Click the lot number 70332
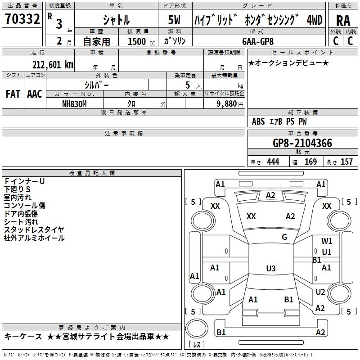(x=22, y=19)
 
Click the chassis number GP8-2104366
(x=302, y=143)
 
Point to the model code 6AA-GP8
(x=257, y=41)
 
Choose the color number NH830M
(x=75, y=103)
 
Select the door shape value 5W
(x=175, y=20)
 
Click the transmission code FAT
(x=13, y=94)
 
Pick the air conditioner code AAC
(x=34, y=94)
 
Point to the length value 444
(x=273, y=162)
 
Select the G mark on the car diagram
(x=284, y=237)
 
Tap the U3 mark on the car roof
(x=270, y=269)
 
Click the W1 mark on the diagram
(x=327, y=241)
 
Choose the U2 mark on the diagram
(x=320, y=292)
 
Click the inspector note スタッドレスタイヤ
(x=34, y=230)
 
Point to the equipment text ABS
(x=258, y=121)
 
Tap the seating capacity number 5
(x=187, y=85)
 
